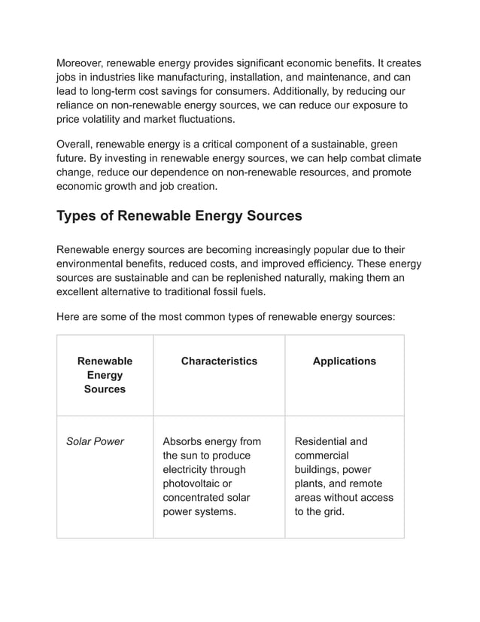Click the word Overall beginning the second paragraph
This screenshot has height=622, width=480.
point(76,144)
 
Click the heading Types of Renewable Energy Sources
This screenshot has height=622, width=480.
point(179,216)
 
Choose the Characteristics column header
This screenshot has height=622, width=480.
point(219,361)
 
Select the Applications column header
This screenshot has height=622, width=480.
point(344,361)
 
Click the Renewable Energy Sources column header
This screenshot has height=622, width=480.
point(105,375)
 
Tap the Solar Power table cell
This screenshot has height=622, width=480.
point(95,441)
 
